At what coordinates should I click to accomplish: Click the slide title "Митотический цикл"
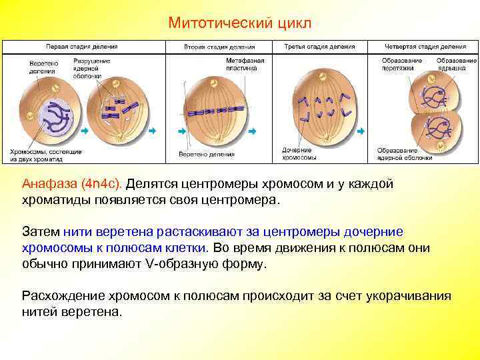tap(240, 23)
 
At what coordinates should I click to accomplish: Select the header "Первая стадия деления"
tap(81, 47)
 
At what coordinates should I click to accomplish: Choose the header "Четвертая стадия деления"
tap(426, 47)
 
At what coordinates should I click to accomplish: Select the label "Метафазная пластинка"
tap(245, 64)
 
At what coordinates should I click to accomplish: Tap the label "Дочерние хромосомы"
tap(297, 154)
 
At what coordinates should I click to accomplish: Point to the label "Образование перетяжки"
tap(401, 64)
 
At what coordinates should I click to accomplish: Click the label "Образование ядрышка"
tap(456, 64)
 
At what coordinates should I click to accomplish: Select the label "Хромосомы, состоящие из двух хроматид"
tap(46, 155)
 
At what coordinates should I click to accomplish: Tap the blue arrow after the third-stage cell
tap(363, 131)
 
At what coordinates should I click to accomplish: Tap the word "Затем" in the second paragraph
tap(41, 232)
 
